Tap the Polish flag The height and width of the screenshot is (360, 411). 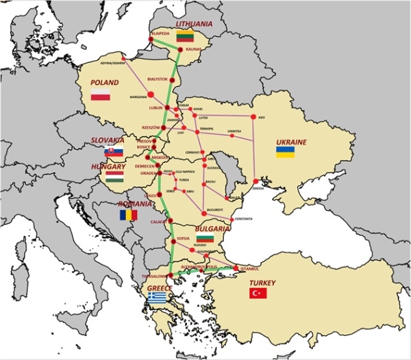pos(101,94)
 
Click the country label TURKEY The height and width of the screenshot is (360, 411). pos(262,283)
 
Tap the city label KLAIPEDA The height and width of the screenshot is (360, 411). pos(155,32)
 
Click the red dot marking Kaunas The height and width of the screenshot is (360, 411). pos(180,50)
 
